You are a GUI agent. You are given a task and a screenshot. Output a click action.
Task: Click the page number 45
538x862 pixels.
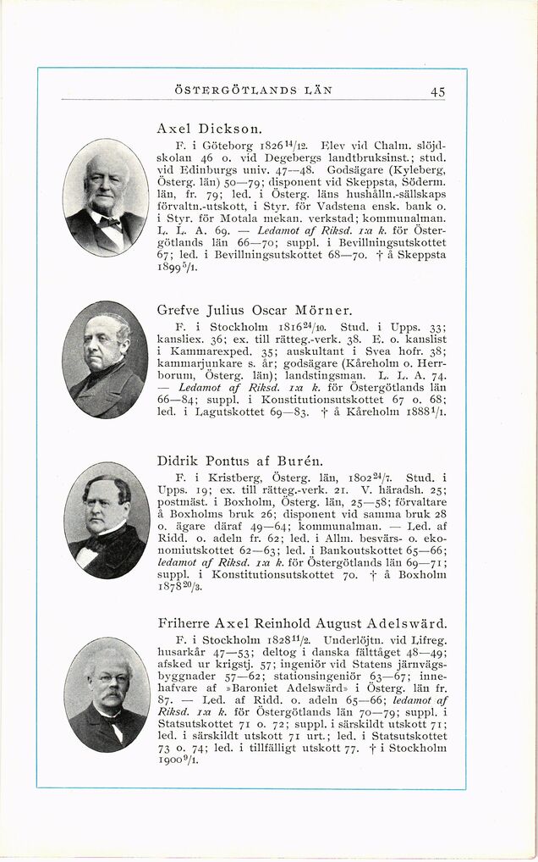[437, 91]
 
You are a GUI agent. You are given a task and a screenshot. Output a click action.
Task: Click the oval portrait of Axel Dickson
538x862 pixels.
[106, 197]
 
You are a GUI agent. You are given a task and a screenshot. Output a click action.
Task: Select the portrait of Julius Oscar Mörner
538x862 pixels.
[106, 359]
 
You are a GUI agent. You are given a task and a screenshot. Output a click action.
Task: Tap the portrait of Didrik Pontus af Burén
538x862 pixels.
[107, 520]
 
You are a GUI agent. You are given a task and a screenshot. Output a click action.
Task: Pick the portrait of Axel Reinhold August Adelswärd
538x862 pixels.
[107, 694]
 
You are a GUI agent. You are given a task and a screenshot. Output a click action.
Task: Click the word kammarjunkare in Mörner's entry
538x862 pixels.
[191, 362]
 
